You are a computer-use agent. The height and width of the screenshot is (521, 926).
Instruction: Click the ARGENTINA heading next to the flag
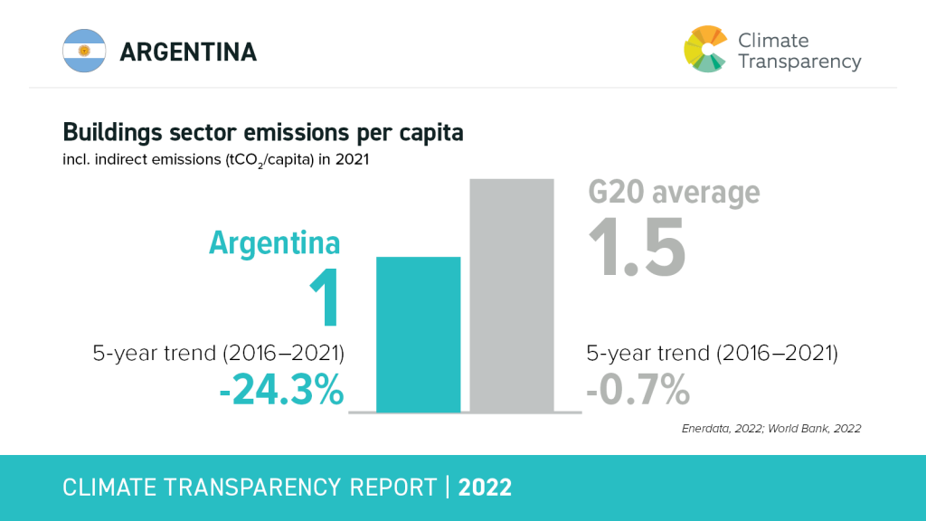coord(188,52)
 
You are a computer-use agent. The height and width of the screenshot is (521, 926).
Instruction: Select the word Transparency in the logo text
coord(799,62)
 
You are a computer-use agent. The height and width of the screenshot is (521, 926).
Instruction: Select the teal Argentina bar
coord(418,334)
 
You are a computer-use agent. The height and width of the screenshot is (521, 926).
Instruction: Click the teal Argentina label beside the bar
coord(275,242)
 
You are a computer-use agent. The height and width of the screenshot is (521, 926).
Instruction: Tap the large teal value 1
coord(325,298)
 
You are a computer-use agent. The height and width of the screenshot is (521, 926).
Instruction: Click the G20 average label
coord(674,193)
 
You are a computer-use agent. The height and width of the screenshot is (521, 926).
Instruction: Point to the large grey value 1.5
coord(638,245)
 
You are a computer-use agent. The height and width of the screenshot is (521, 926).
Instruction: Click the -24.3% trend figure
coord(281,391)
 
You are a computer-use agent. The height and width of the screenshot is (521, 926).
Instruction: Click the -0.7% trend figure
coord(638,391)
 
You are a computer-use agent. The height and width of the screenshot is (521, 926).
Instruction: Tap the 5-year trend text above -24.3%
coord(219,353)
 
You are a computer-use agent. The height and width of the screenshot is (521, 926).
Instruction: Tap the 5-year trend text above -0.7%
coord(712,353)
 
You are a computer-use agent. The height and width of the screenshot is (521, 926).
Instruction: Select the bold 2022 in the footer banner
coord(486,488)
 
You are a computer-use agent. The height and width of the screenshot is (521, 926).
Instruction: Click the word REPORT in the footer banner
coord(390,488)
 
